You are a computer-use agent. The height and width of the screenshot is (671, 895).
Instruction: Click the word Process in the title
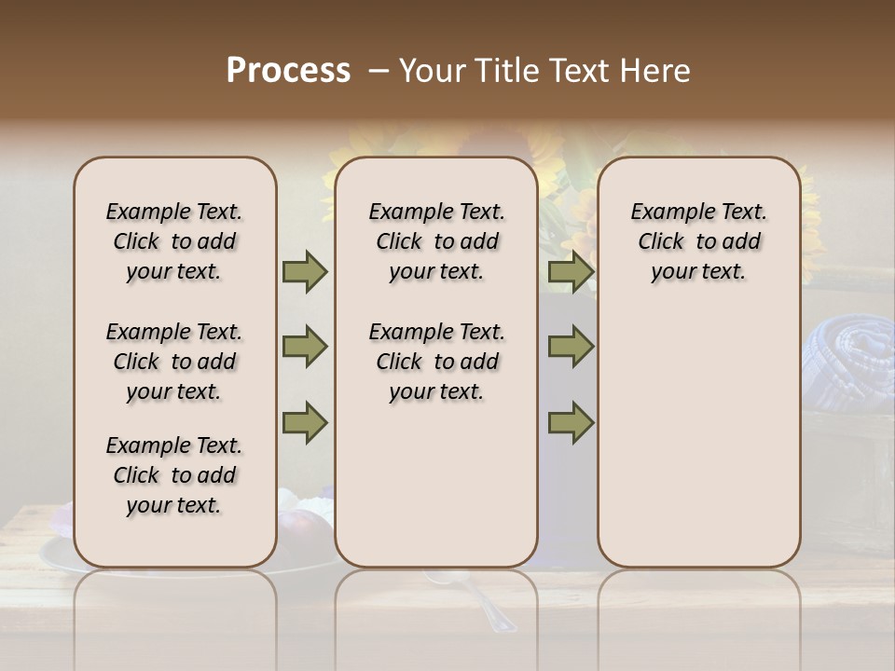(288, 71)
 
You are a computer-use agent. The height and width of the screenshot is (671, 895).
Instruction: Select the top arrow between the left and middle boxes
(305, 271)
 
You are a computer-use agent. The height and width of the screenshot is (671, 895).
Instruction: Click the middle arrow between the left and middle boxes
(305, 347)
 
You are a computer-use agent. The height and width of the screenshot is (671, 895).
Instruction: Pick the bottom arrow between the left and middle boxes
(305, 422)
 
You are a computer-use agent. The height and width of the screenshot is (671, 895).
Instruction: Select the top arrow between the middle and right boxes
(571, 271)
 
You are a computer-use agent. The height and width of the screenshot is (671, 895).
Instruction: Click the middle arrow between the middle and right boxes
(571, 347)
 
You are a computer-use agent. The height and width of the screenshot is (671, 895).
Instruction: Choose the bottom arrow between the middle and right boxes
(571, 422)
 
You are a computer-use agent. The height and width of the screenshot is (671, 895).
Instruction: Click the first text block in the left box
(174, 241)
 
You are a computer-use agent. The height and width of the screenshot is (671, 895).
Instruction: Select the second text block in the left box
(174, 362)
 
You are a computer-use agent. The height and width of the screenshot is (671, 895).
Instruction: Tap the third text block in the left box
(174, 475)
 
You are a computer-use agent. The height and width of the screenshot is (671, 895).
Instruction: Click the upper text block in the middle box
(436, 241)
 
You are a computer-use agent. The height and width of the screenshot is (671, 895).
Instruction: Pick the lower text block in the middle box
(436, 362)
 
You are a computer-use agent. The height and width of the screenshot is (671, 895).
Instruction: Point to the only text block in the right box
(698, 241)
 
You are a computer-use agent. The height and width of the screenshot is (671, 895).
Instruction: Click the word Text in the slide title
(575, 71)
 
